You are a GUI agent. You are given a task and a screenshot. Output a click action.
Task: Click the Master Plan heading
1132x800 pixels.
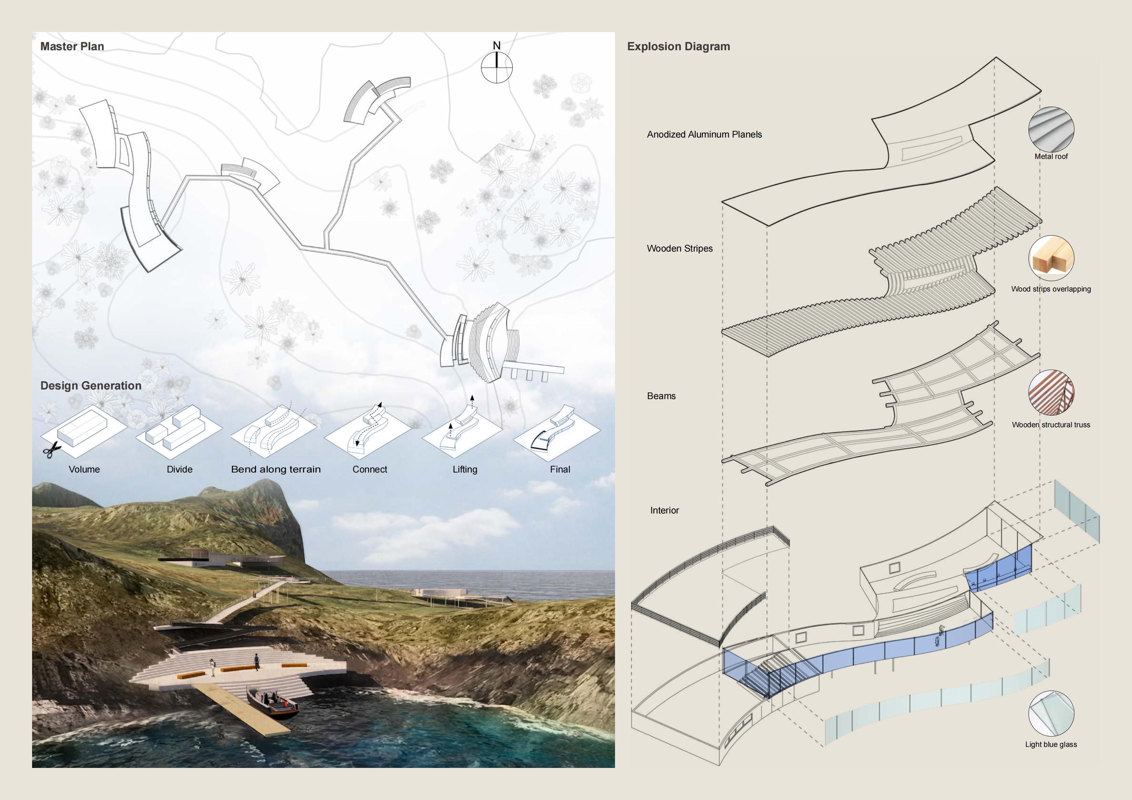72,46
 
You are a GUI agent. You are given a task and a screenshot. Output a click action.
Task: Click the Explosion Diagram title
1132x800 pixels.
678,46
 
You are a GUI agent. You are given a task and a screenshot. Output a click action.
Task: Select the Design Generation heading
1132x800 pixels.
91,386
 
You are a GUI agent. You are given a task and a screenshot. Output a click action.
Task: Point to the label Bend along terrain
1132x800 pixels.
276,469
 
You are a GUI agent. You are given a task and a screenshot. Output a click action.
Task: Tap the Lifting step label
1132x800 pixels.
465,469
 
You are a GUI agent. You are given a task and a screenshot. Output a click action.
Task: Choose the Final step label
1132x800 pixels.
560,469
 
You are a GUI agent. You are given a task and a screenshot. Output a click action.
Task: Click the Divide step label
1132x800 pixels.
179,469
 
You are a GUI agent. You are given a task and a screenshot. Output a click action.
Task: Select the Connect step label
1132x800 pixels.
370,469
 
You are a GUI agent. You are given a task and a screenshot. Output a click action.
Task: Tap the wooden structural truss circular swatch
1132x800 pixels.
1051,393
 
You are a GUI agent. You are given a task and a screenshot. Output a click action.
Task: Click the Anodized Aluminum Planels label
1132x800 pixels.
704,135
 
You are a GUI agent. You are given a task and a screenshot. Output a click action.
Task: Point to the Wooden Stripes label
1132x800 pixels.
680,248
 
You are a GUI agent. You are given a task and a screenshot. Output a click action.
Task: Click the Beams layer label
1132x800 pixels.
661,396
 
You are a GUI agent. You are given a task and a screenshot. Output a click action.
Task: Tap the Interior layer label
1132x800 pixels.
664,510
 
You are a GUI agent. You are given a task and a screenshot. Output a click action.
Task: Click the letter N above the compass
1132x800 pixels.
497,45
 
